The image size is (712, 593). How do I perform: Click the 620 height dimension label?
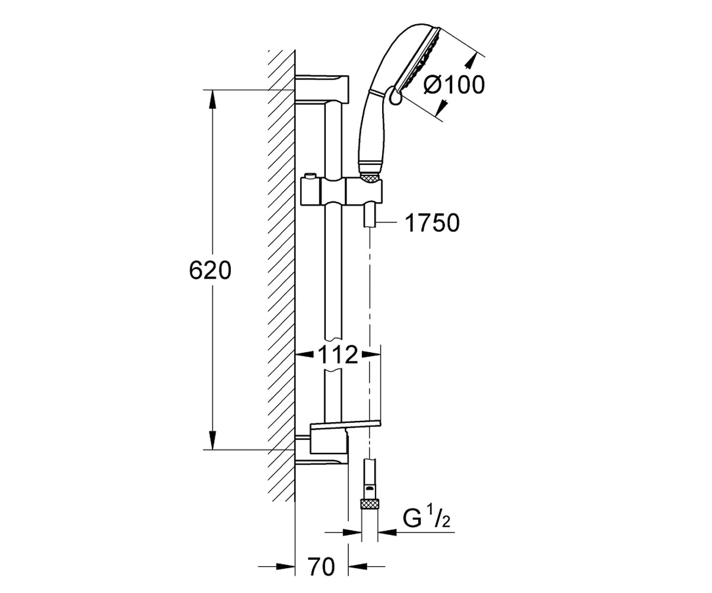[x=210, y=271]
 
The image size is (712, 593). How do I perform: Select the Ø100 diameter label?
[x=454, y=85]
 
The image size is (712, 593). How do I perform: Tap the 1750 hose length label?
[x=432, y=223]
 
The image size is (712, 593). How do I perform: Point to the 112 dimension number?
[x=338, y=355]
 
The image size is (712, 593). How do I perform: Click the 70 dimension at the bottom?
[x=321, y=567]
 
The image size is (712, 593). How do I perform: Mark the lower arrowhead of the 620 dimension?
[x=212, y=441]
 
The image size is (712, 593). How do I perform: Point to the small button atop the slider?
[x=310, y=176]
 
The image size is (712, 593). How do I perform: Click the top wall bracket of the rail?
[x=322, y=89]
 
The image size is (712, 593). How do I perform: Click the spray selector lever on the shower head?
[x=394, y=97]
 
